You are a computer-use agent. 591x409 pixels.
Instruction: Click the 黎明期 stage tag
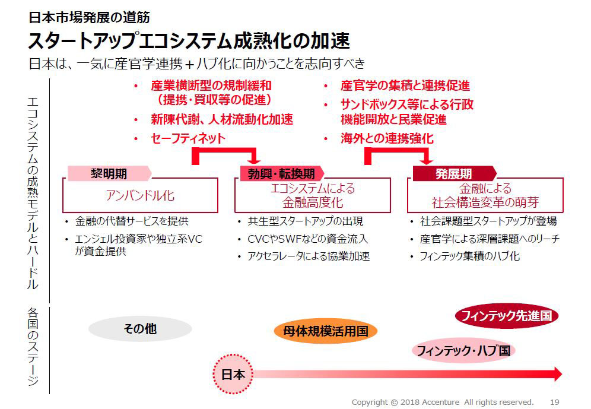click(x=109, y=174)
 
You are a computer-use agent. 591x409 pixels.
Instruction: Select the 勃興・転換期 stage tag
click(x=281, y=174)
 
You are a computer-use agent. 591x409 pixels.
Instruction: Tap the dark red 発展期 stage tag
click(x=454, y=174)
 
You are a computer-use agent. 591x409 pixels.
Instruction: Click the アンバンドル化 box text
click(x=140, y=195)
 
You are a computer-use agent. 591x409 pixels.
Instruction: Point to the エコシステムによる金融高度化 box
click(x=313, y=195)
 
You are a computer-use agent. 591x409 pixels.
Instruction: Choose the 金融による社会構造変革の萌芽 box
click(x=485, y=195)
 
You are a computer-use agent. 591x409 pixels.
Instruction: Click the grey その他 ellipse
click(x=140, y=329)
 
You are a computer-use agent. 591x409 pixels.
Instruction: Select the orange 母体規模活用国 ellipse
click(x=326, y=332)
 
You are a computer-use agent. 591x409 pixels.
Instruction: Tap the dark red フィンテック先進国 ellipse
click(x=507, y=316)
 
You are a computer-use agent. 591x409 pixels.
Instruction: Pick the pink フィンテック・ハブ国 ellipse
click(x=463, y=351)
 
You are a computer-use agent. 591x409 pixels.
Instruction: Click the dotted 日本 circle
click(x=233, y=375)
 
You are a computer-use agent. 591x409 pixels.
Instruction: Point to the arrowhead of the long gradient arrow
click(x=557, y=375)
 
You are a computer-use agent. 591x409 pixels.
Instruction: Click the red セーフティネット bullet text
click(x=188, y=138)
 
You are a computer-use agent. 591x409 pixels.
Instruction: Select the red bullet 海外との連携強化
click(x=387, y=138)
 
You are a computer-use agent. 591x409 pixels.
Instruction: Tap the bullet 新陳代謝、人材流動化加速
click(x=222, y=119)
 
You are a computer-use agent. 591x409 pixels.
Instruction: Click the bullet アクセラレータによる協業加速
click(x=309, y=256)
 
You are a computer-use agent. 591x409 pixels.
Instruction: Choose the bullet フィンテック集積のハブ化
click(x=469, y=256)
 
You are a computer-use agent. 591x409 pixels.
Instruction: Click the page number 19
click(x=554, y=402)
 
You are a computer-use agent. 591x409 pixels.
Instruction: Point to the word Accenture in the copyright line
click(x=441, y=402)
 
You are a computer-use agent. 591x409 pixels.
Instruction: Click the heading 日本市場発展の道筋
click(x=90, y=17)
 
